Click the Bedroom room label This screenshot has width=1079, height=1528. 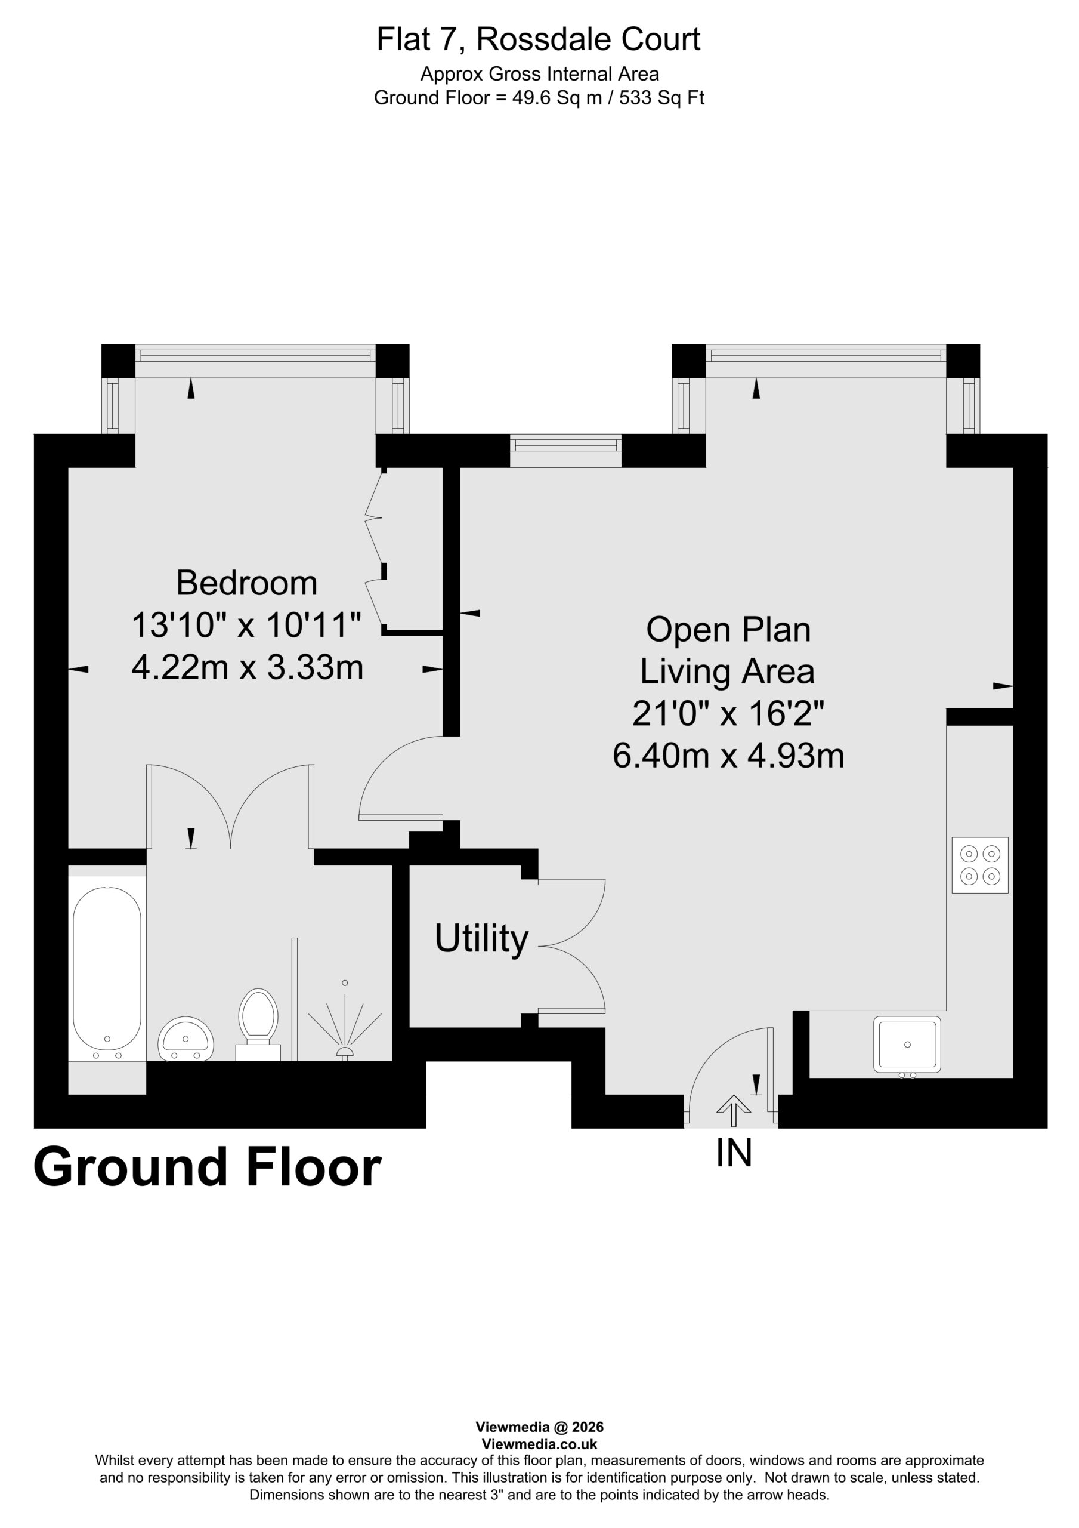246,583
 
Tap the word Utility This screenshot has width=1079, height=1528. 481,939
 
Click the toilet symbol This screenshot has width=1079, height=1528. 258,1024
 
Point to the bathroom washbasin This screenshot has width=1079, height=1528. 185,1039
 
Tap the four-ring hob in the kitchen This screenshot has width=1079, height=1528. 980,864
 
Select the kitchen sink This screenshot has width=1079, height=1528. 907,1045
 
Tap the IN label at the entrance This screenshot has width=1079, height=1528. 734,1153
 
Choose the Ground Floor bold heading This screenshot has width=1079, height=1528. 207,1167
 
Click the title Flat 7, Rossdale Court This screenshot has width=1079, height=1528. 538,39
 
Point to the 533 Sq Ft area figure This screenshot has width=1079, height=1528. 661,98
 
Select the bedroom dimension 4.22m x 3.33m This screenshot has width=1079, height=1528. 248,667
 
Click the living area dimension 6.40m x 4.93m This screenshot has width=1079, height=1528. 728,756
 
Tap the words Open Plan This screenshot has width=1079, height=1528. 728,630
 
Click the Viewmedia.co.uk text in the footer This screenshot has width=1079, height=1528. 539,1444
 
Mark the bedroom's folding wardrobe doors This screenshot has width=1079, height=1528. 376,550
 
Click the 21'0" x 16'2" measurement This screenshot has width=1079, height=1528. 728,714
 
